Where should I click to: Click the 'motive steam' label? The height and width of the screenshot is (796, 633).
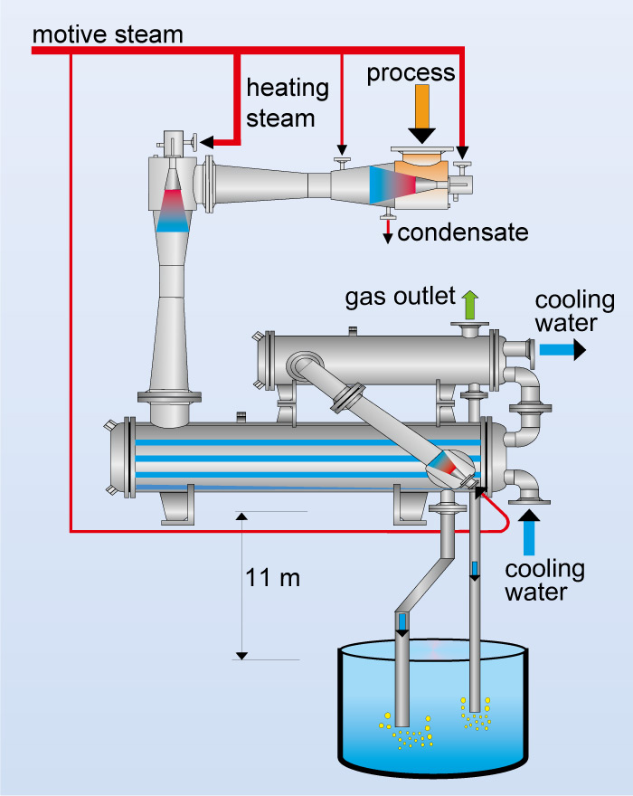pos(107,33)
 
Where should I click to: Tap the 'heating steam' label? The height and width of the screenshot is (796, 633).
pos(287,102)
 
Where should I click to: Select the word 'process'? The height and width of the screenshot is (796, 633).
pos(411,72)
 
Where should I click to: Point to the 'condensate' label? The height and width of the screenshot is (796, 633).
pos(462,232)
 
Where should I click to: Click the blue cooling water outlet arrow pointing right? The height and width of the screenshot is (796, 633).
pos(562,347)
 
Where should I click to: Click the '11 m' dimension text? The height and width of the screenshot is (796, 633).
pos(272,577)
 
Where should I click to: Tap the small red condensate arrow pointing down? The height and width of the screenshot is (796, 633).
pos(388,232)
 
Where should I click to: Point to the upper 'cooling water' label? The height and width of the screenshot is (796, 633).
pos(574,312)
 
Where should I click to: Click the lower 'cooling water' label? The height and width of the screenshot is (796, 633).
pos(544,581)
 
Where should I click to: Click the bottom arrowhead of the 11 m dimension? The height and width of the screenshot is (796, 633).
pos(241,654)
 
